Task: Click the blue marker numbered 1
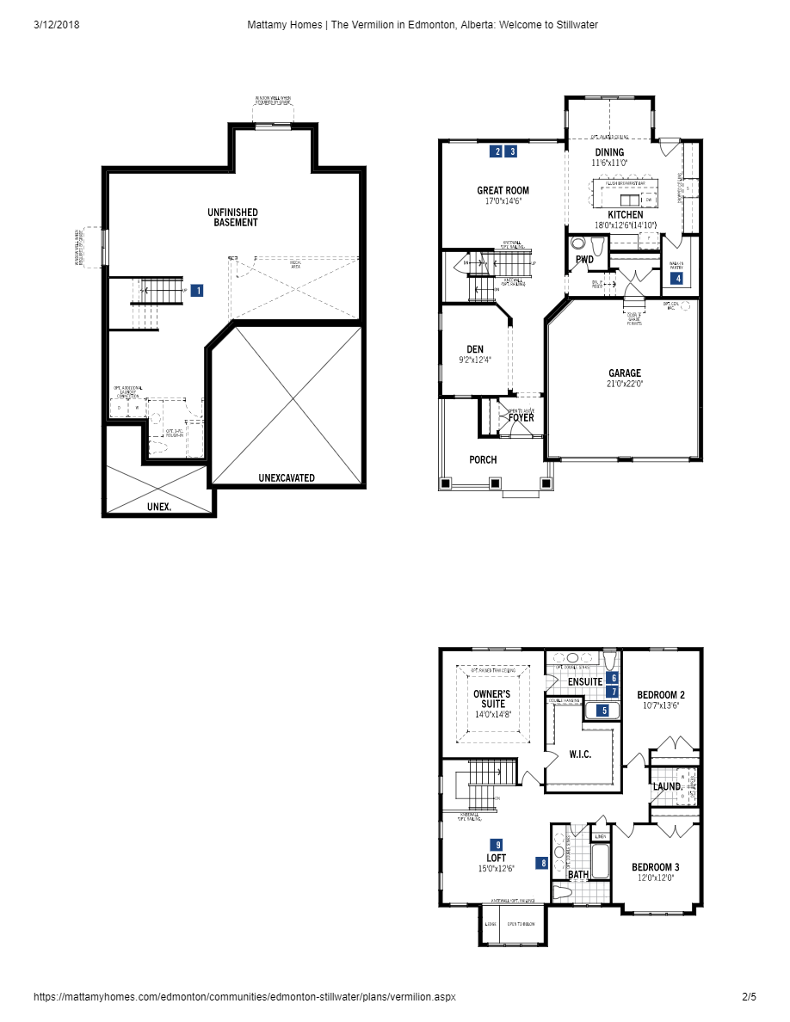(198, 291)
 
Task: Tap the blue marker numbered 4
(678, 279)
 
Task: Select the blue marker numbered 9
(497, 844)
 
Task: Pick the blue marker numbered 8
(543, 862)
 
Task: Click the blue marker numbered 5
(604, 711)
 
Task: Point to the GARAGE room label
(625, 373)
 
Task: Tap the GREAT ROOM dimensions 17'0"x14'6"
(503, 201)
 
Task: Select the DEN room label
(475, 349)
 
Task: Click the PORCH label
(483, 459)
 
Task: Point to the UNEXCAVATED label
(287, 477)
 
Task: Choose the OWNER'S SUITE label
(492, 699)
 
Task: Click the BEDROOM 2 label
(661, 694)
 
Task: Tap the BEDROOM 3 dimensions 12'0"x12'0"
(655, 878)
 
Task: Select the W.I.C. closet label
(580, 754)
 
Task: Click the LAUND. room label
(668, 786)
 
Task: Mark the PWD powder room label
(584, 259)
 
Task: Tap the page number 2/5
(749, 997)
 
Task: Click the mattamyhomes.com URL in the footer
(244, 997)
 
